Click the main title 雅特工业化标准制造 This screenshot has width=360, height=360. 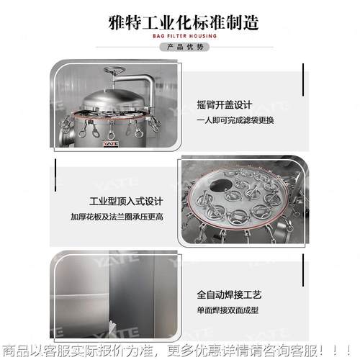[x=179, y=20]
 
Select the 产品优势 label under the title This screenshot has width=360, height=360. [x=179, y=47]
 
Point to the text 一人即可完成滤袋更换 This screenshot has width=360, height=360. [x=235, y=120]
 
